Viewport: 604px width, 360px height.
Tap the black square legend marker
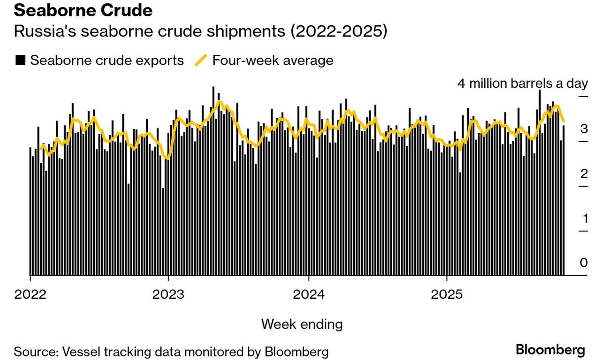[20, 61]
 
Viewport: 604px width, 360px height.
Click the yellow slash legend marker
[201, 61]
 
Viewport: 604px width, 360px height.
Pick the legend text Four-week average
[272, 61]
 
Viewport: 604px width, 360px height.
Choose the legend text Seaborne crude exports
[107, 61]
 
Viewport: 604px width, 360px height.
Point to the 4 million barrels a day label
[523, 83]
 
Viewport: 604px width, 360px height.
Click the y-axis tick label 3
[584, 129]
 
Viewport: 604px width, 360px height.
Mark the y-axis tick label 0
[584, 263]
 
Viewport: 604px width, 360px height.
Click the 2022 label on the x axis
[30, 295]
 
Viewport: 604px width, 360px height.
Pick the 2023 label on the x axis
[168, 295]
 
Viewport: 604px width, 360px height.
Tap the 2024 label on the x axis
[308, 295]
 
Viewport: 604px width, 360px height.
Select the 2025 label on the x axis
[447, 295]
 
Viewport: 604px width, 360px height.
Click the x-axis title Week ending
[302, 324]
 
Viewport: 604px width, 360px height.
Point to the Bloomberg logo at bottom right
[550, 350]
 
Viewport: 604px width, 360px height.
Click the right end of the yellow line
[564, 120]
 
